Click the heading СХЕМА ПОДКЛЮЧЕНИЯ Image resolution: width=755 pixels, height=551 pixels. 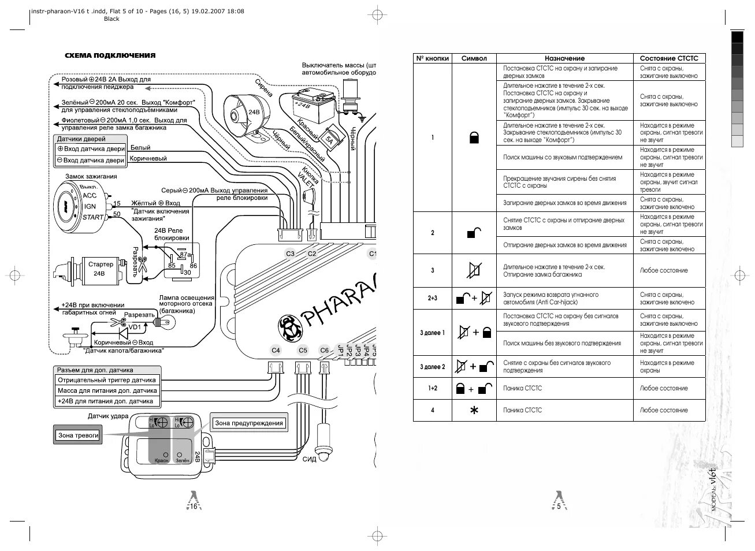coord(110,55)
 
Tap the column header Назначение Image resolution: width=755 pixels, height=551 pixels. coord(564,58)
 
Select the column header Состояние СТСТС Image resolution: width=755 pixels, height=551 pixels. coord(669,58)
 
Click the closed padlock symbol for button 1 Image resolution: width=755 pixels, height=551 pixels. coord(474,137)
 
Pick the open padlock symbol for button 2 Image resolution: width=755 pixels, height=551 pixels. coord(474,233)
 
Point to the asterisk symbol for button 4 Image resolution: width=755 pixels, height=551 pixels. coord(474,410)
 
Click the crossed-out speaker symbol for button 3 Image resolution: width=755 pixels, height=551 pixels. coord(474,270)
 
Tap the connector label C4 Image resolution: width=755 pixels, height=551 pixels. coord(276,350)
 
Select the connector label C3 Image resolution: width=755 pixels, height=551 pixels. coord(290,254)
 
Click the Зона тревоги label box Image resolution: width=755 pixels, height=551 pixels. coord(79,435)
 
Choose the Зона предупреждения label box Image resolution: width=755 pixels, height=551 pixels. coord(249,423)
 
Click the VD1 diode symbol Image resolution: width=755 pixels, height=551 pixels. coord(122,333)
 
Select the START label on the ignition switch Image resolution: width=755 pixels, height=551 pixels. coord(93,217)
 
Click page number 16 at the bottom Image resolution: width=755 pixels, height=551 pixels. coord(194,506)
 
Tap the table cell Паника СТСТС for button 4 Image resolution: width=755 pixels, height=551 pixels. coord(523,410)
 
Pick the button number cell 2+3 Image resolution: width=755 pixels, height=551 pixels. coord(432,298)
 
